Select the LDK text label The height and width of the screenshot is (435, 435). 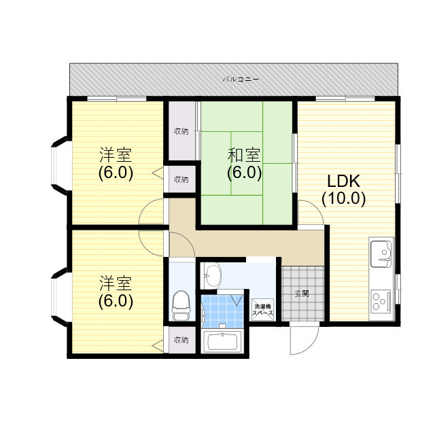tap(343, 181)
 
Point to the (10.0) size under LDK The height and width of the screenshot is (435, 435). tap(343, 198)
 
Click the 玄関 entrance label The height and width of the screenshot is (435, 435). tap(301, 294)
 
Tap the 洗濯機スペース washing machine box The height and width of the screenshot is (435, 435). tap(262, 310)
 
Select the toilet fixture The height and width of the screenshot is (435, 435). tap(180, 306)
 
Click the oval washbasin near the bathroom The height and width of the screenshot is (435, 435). tap(213, 275)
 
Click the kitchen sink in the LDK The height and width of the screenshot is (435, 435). tap(381, 254)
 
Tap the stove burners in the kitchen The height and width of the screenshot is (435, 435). tap(381, 300)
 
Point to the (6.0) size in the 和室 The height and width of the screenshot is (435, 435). tap(244, 173)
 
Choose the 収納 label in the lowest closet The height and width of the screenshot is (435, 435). tap(180, 339)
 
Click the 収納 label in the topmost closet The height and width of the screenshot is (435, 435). tap(180, 131)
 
